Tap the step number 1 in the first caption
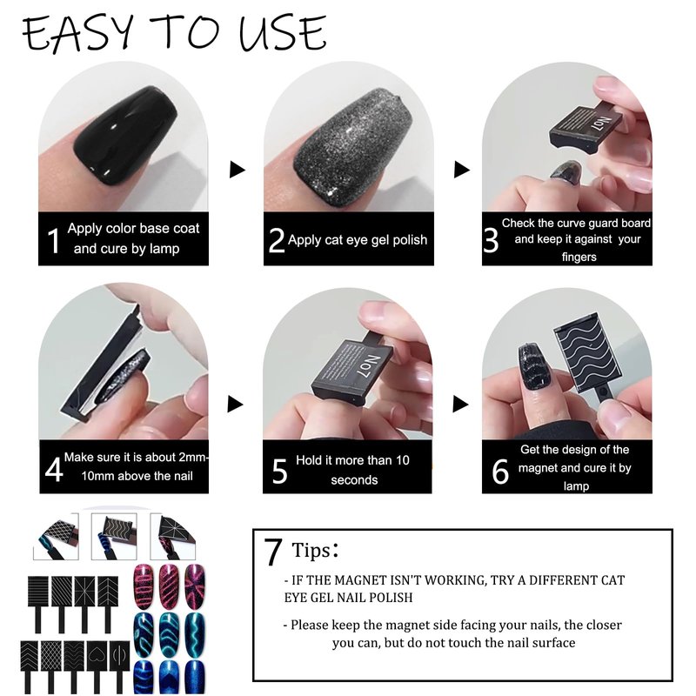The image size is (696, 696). click(53, 241)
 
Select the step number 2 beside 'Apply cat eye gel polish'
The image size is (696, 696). click(276, 240)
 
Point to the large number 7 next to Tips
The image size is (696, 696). click(273, 552)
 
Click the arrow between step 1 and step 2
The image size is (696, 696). click(237, 169)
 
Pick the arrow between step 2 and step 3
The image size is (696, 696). click(462, 169)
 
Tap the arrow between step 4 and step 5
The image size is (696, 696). click(235, 404)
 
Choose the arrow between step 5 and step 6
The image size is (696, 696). click(460, 404)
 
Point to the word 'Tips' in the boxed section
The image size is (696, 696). click(311, 551)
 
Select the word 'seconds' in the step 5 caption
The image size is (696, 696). click(354, 480)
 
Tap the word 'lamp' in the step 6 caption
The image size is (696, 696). click(576, 486)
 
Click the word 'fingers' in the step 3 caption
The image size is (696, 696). click(579, 257)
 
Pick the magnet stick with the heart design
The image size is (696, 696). click(96, 666)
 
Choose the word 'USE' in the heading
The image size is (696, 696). click(282, 32)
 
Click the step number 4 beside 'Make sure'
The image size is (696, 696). click(54, 470)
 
